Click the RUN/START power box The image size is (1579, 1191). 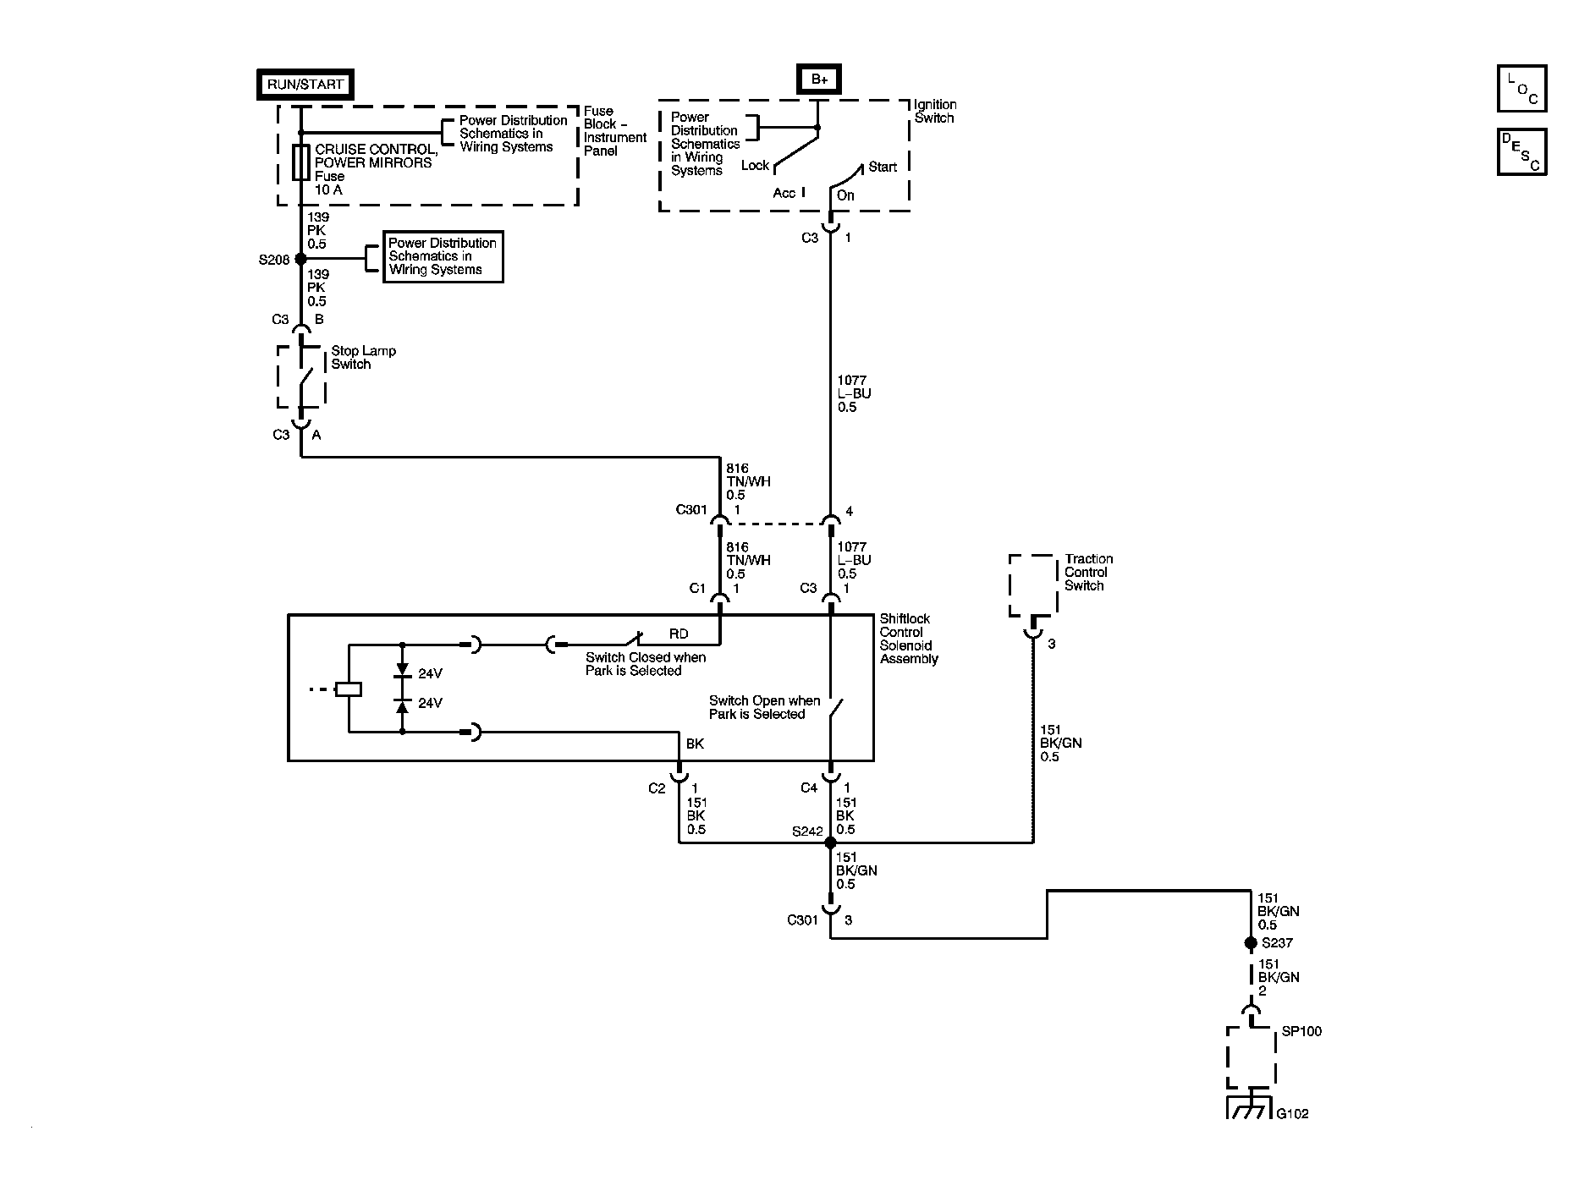coord(305,85)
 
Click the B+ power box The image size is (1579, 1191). coord(818,80)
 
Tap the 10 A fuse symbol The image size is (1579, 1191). coord(300,162)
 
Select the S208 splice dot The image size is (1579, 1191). coord(300,259)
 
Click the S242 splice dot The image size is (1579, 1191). coord(830,842)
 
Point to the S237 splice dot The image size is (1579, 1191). coord(1250,943)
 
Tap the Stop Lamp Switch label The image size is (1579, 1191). coord(362,358)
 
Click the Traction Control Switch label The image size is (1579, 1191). coord(1087,573)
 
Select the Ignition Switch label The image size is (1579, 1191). coord(935,112)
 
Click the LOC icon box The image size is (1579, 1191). coord(1521,89)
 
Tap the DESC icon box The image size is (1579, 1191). coord(1521,152)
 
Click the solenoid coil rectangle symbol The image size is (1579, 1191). coord(348,689)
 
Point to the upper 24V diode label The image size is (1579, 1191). coord(430,674)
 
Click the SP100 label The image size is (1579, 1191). coord(1301,1032)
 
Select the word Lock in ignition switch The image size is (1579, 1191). coord(755,166)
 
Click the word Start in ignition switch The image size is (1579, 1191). coord(883,167)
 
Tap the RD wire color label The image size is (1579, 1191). coord(679,634)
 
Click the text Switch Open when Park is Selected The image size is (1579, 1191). coord(764,707)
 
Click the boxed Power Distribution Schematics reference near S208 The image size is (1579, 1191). coord(443,256)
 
